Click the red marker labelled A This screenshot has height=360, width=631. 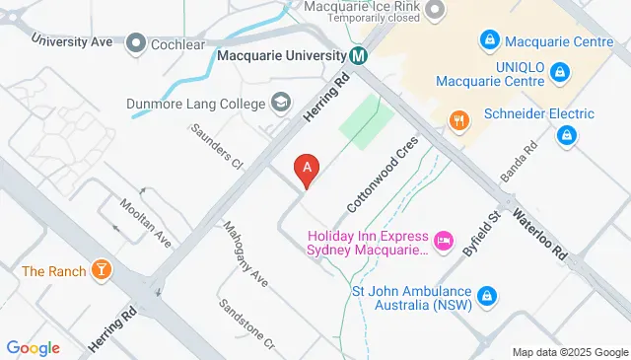click(x=308, y=170)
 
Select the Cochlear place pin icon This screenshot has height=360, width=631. click(x=136, y=43)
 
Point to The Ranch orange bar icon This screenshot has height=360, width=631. click(x=100, y=269)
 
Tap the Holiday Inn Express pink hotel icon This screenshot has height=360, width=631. click(x=444, y=238)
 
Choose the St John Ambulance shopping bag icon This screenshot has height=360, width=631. click(x=487, y=295)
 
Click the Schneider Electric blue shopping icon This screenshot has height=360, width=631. click(x=566, y=134)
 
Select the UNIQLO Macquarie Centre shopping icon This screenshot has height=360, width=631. click(x=559, y=71)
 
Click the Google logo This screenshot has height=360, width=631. click(x=33, y=348)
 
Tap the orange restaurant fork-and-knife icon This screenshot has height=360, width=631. click(x=458, y=121)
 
